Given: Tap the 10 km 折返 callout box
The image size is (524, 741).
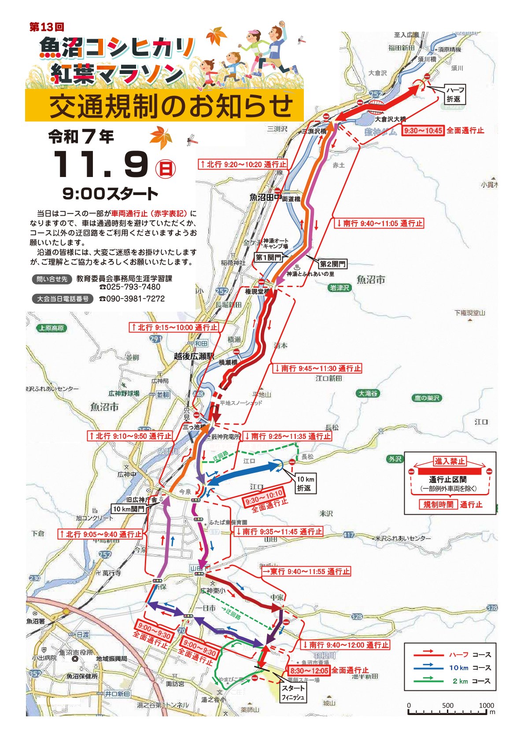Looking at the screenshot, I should [305, 483].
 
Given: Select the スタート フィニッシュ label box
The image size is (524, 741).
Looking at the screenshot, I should [293, 693].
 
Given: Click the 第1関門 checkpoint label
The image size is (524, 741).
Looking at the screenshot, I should [268, 258].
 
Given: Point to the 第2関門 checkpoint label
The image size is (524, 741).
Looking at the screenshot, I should [332, 264].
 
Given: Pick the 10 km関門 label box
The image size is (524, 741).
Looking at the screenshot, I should [129, 509].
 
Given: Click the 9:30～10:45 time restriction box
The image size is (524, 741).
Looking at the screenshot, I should [423, 131].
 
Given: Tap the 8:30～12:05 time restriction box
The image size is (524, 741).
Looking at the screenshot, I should [309, 671].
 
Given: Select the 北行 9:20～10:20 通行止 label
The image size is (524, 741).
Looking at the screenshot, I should [243, 164].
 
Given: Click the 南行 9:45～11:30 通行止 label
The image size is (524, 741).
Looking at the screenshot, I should [317, 369].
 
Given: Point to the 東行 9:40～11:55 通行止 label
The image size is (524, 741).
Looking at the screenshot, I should [306, 571].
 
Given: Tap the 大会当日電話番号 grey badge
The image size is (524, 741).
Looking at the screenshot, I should [63, 299].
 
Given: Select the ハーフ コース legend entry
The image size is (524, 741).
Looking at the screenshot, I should [452, 655].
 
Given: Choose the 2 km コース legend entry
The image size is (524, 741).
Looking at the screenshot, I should [452, 681].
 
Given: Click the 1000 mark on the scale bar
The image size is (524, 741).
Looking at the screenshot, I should [486, 705].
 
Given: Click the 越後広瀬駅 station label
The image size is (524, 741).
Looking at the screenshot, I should [193, 356].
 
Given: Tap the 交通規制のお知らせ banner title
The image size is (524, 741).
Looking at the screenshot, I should [171, 106].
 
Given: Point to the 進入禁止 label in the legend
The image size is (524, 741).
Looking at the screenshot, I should [450, 461].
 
